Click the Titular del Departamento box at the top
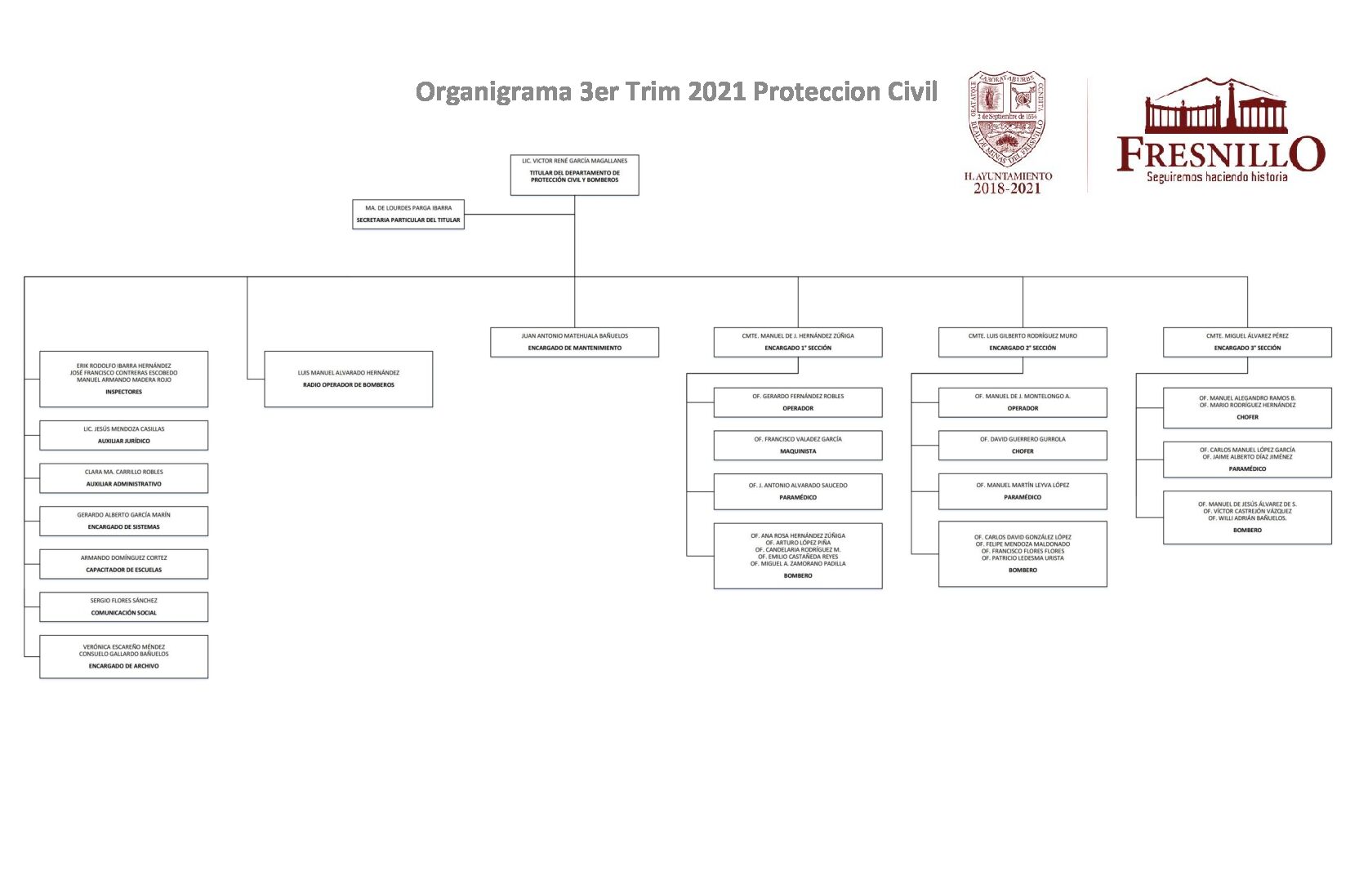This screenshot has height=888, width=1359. (574, 175)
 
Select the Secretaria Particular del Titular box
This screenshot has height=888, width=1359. (408, 214)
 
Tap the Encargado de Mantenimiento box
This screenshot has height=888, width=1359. (574, 342)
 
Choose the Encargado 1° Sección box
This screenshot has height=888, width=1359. (798, 342)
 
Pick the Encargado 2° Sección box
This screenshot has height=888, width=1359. (1023, 342)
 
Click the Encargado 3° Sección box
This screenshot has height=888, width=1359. (1247, 342)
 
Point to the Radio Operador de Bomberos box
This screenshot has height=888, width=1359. (349, 379)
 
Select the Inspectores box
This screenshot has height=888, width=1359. (124, 379)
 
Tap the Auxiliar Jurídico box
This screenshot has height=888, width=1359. (124, 435)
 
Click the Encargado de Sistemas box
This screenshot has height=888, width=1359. (124, 521)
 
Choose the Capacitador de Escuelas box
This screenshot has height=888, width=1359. (124, 564)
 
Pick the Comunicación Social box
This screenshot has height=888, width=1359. (124, 606)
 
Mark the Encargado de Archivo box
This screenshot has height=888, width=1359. (124, 656)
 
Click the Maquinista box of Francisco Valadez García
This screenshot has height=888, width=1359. (798, 445)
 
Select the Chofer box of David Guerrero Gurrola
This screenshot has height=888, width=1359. (1023, 445)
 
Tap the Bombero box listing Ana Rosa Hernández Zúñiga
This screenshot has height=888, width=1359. (798, 556)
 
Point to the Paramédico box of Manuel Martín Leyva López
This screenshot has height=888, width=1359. (1023, 491)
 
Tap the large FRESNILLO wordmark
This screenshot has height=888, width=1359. (1220, 153)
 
